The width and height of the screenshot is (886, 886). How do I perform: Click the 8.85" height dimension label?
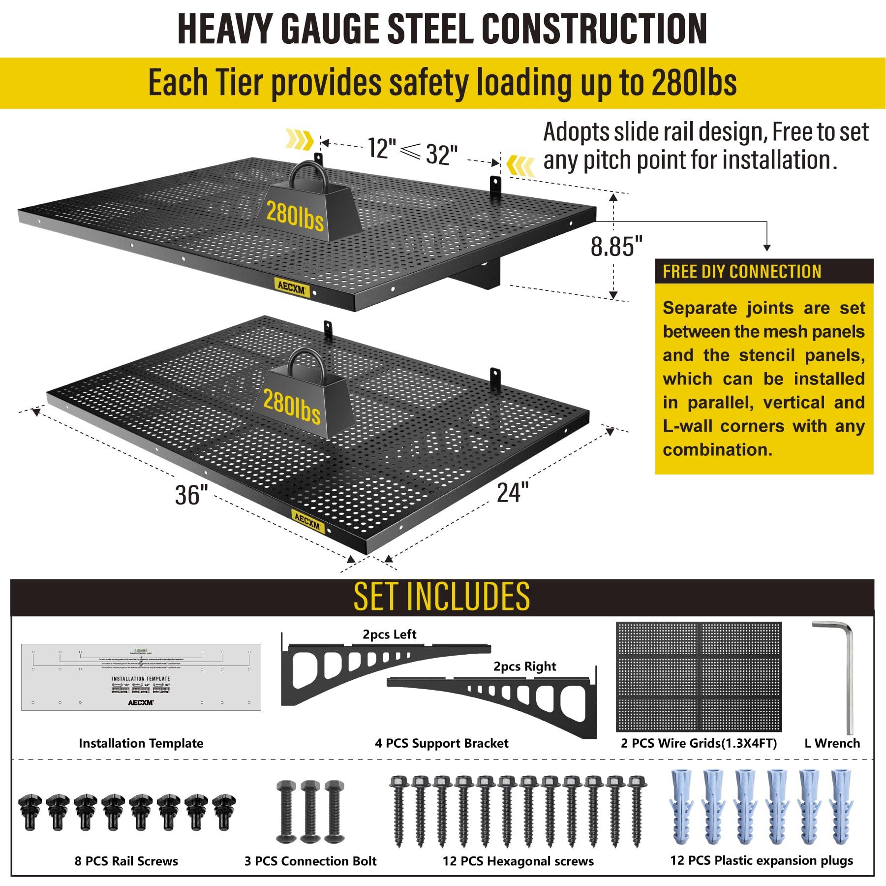point(616,246)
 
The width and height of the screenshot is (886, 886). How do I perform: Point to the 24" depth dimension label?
point(512,492)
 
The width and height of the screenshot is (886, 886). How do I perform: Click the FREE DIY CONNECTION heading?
point(742,272)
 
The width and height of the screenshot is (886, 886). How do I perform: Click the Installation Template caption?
point(141,743)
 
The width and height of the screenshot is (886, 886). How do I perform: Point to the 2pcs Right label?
point(524,666)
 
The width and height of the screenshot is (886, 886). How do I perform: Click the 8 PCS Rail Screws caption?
point(126,861)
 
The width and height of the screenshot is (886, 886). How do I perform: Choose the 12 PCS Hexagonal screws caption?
point(518,861)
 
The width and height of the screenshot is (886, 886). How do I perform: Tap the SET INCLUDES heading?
point(442,596)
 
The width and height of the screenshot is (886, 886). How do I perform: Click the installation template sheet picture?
point(141,677)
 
